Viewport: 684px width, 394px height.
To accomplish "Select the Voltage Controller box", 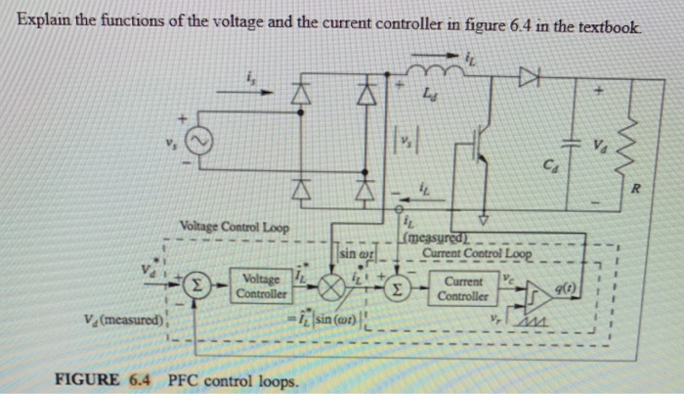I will click(x=262, y=285).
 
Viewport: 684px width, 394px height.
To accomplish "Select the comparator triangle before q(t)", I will click(x=537, y=290).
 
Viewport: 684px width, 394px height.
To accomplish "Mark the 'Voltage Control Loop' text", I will click(x=235, y=227).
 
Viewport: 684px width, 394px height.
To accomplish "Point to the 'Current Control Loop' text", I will click(x=477, y=255).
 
